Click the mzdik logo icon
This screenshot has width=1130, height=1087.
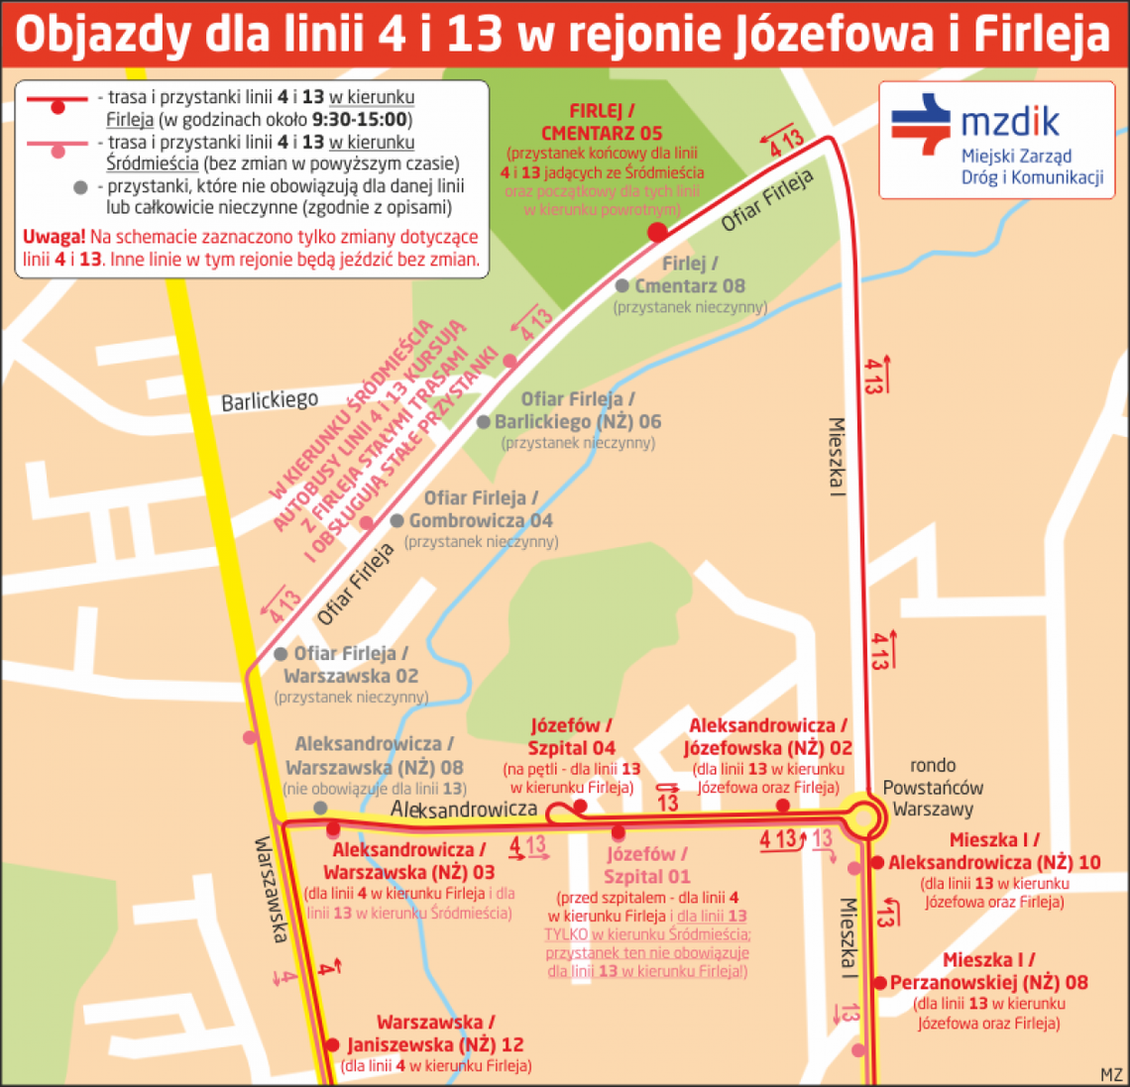pos(921,124)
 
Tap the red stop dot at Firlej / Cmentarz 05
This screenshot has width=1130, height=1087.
pos(656,233)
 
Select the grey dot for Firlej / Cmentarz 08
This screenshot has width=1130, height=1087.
pos(621,286)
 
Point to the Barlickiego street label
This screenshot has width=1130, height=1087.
pos(270,400)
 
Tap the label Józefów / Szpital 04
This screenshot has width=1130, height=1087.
pos(571,737)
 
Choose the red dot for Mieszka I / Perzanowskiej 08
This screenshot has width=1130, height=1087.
pos(879,983)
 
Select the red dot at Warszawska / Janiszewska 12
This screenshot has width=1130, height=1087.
pos(332,1044)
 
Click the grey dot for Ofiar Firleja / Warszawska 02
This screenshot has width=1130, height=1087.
pos(281,654)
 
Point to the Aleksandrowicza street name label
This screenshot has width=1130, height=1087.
pos(463,810)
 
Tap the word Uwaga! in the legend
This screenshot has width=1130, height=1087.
pos(54,238)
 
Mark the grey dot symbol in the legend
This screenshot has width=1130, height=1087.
pos(81,187)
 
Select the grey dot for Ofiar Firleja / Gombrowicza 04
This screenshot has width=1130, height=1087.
pos(396,521)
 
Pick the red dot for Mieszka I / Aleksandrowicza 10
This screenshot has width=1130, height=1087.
pos(877,863)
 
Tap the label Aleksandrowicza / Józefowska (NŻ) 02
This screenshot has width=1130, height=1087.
pos(767,737)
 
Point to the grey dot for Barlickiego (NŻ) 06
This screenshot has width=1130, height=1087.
pos(484,422)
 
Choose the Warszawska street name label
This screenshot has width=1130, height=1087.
pos(271,890)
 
